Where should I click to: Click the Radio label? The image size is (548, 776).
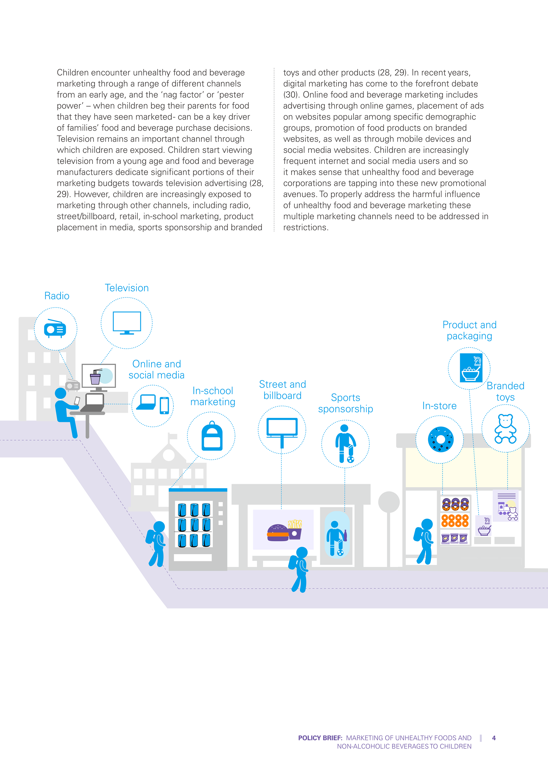point(57,296)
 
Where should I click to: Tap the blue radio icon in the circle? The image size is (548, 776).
point(55,329)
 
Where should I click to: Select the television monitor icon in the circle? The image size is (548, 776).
point(127,323)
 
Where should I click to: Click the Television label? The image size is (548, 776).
point(127,288)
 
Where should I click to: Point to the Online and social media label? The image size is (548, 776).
point(156,369)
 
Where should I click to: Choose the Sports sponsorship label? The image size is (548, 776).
point(345,403)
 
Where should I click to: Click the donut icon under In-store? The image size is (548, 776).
point(440,439)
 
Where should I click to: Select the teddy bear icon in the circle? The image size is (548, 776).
point(505,429)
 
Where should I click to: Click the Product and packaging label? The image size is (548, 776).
point(469,330)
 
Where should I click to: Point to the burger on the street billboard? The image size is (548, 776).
point(278,533)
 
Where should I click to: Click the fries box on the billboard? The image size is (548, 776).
point(295,529)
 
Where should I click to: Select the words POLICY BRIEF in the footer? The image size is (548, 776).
point(320,738)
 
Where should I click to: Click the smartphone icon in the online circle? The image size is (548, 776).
point(164,405)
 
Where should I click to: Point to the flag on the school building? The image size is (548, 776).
point(173,436)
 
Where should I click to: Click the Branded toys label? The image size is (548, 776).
point(505,391)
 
